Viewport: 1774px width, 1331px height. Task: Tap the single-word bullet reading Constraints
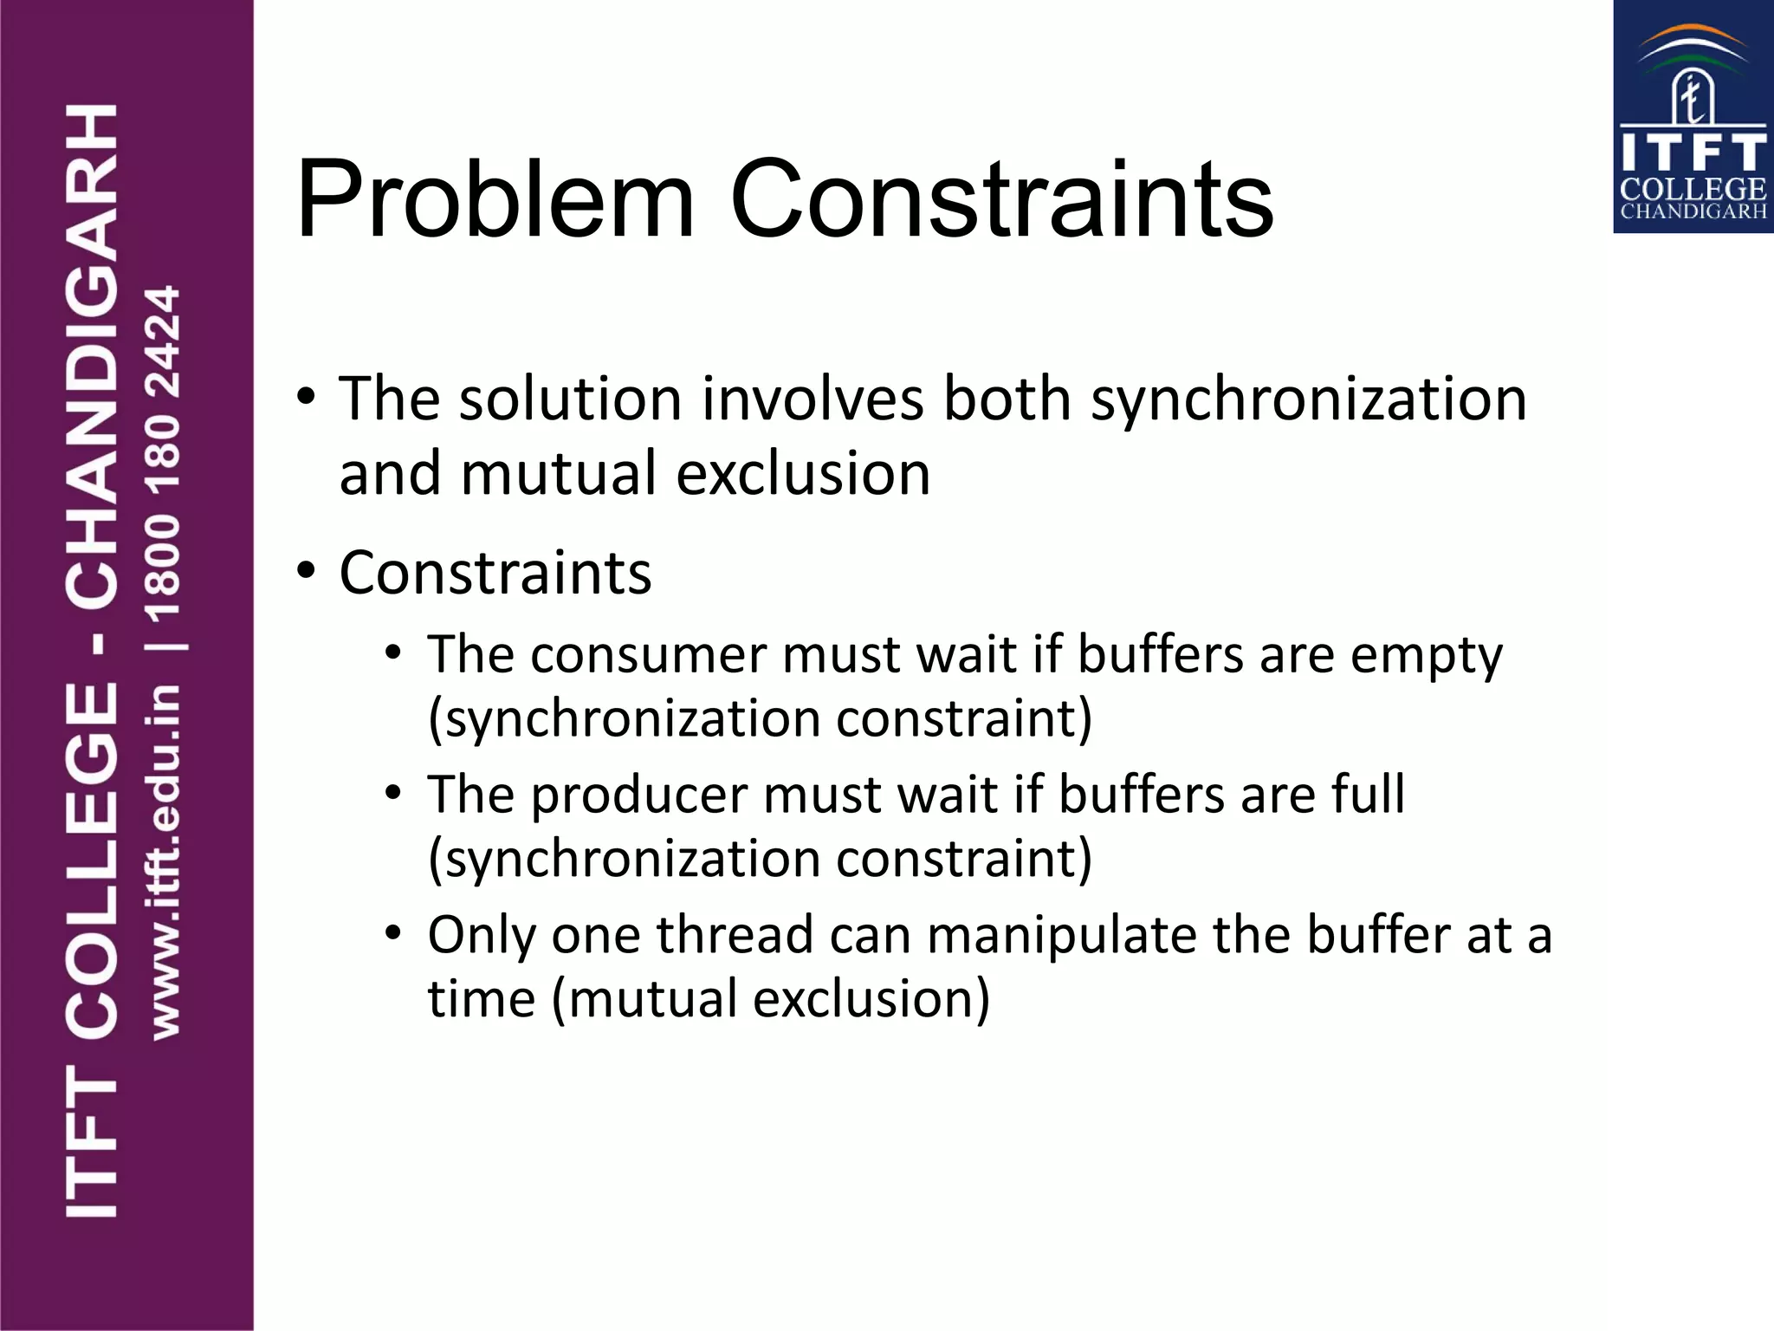(x=495, y=573)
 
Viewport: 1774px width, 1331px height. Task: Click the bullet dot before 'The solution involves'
(x=306, y=399)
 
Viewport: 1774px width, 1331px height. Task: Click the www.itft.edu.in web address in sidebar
(x=165, y=861)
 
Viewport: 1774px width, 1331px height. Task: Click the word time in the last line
(x=482, y=999)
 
